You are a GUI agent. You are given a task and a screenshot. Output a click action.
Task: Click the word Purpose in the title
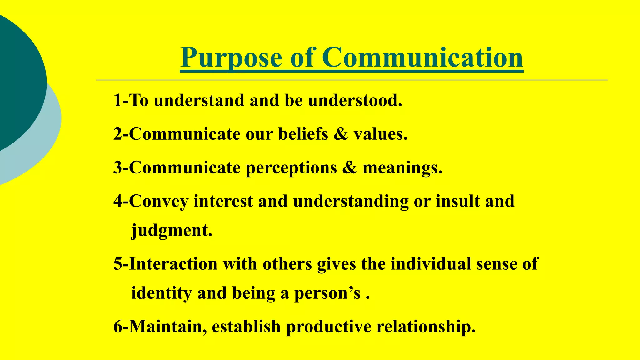coord(231,58)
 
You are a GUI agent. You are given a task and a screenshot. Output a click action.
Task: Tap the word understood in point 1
coord(355,101)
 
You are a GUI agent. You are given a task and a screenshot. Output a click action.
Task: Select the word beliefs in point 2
coord(303,134)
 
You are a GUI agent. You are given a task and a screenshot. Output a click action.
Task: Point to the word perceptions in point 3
coord(291,168)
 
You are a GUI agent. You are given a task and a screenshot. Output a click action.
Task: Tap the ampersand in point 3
coord(349,168)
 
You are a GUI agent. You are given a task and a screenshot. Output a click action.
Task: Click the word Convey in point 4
coord(158,201)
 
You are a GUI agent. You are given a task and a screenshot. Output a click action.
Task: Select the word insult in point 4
coord(457,201)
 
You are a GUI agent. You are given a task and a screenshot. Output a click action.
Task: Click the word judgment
coord(172,231)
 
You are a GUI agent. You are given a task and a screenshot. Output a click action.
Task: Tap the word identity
coord(161,293)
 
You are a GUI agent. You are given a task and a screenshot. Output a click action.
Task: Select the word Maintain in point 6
coord(168,327)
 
